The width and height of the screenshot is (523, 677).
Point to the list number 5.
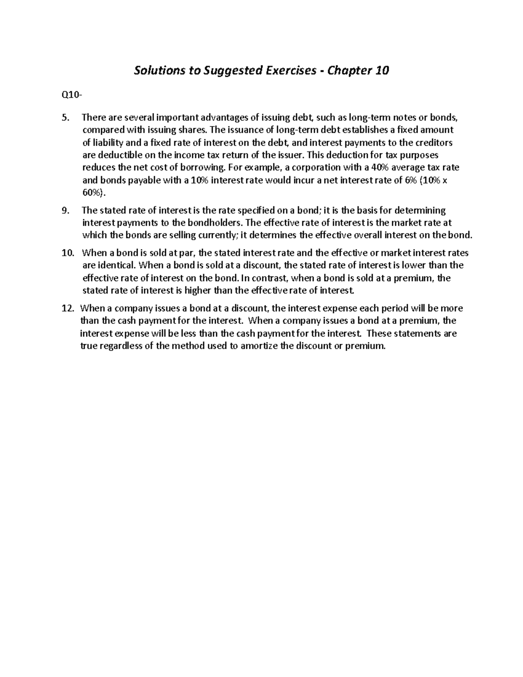pyautogui.click(x=65, y=117)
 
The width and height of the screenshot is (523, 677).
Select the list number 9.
pyautogui.click(x=65, y=211)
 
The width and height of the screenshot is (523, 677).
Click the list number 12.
pyautogui.click(x=68, y=308)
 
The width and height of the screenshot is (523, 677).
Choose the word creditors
pyautogui.click(x=435, y=143)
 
